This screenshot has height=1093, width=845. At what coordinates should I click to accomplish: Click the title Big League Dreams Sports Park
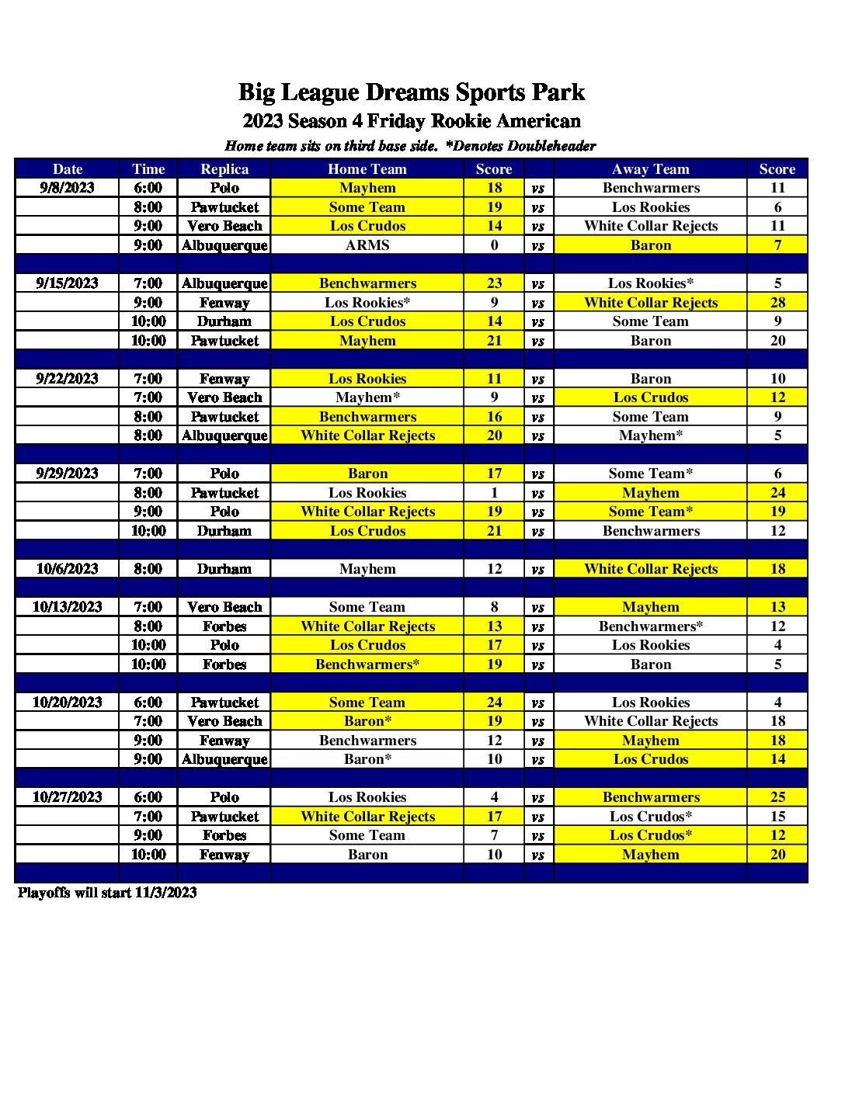(x=411, y=92)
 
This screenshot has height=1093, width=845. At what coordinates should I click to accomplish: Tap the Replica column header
(x=224, y=168)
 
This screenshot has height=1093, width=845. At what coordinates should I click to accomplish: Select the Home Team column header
(x=367, y=168)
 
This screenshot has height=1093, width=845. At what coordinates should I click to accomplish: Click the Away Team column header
(x=650, y=168)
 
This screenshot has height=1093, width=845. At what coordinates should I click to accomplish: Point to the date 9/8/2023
(x=67, y=188)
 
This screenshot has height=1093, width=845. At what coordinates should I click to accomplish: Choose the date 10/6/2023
(x=67, y=569)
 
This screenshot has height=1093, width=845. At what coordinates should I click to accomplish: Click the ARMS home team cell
(x=367, y=245)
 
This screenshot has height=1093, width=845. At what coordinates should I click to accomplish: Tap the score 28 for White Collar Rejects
(x=777, y=303)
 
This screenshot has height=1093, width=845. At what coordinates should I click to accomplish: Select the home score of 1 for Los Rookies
(x=494, y=493)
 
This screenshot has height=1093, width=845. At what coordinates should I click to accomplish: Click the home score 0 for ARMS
(x=494, y=245)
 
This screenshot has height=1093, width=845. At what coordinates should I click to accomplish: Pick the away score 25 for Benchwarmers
(x=777, y=797)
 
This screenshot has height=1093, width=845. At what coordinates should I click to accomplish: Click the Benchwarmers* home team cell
(x=367, y=664)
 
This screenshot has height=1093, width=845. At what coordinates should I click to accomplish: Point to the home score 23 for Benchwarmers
(x=494, y=283)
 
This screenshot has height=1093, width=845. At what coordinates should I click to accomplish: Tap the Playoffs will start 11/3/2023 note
(x=107, y=893)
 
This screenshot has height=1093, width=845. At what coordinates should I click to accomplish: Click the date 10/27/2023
(x=67, y=797)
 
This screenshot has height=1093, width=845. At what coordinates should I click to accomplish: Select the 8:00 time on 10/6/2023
(x=148, y=569)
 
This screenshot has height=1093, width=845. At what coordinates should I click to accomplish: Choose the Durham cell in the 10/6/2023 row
(x=224, y=569)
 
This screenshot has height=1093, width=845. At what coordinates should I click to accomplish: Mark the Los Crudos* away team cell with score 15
(x=650, y=817)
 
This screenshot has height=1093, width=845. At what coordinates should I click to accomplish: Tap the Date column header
(x=67, y=168)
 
